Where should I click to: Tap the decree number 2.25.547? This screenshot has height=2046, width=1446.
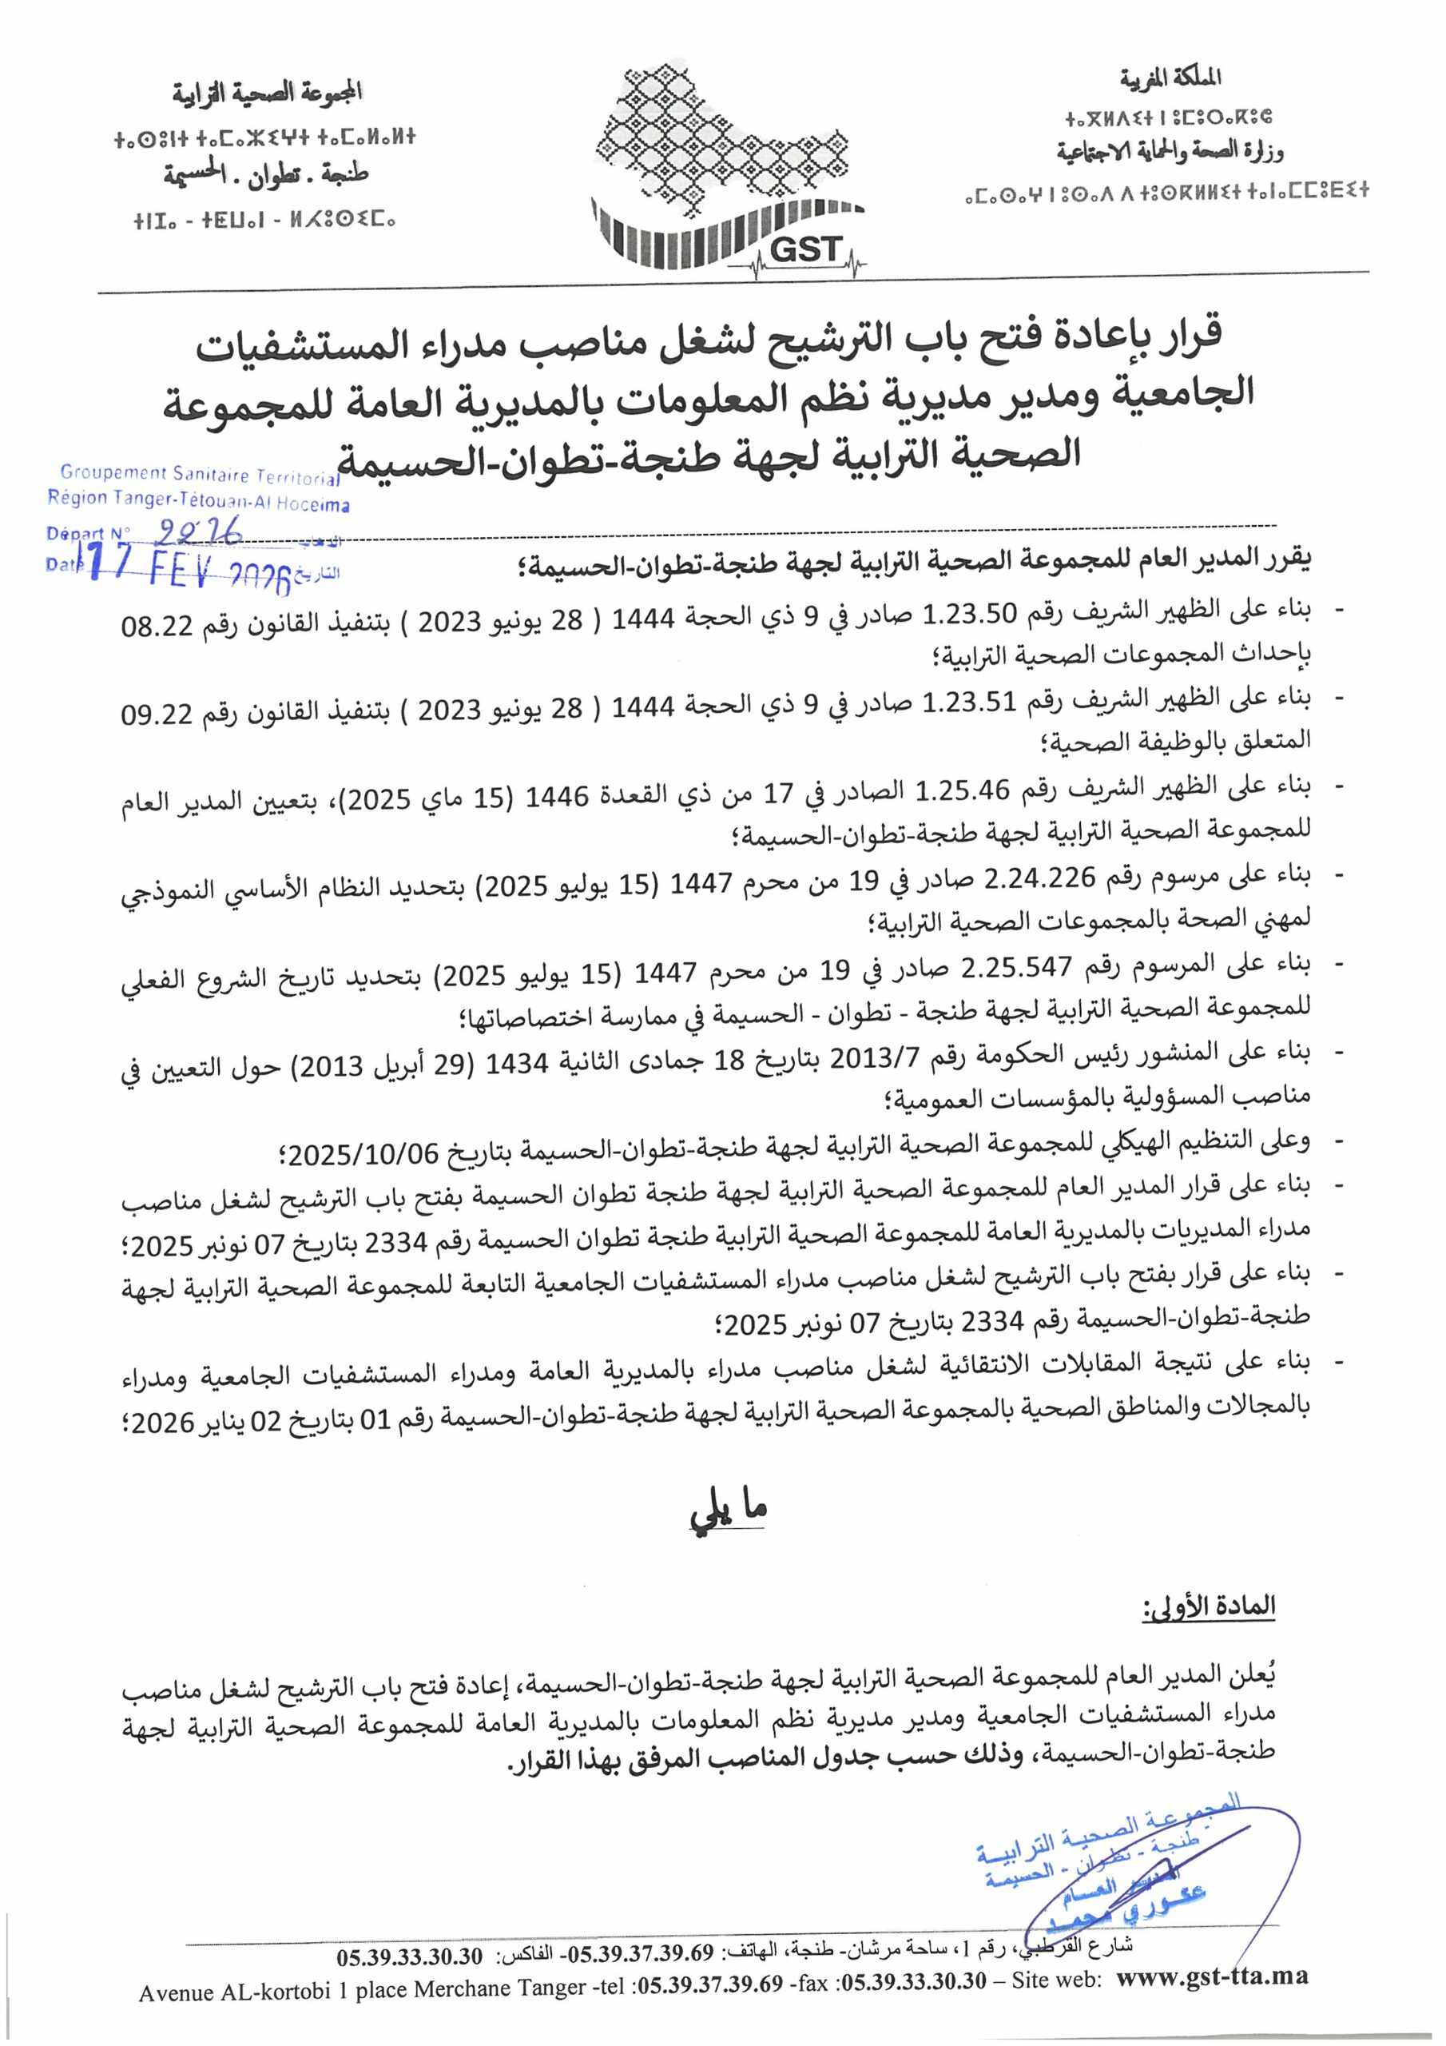click(1016, 966)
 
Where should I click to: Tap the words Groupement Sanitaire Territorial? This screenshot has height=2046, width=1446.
click(200, 475)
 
